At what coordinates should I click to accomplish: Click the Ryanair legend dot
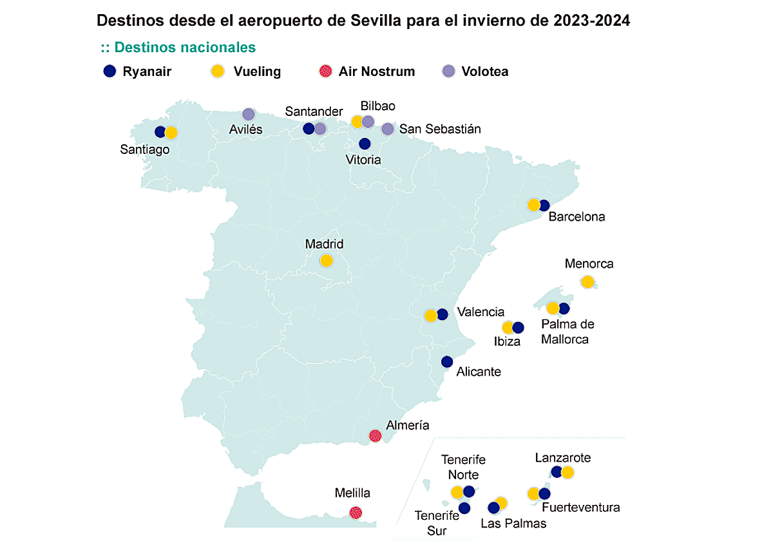tap(110, 71)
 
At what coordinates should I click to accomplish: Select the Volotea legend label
tap(484, 71)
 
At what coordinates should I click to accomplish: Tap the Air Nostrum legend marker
tap(326, 71)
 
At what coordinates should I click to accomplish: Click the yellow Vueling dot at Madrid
tap(326, 261)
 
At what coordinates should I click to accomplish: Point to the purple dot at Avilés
tap(249, 115)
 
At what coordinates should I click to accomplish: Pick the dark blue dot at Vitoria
tap(365, 144)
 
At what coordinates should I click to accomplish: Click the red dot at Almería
tap(376, 436)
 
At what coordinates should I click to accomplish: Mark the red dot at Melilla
tap(355, 513)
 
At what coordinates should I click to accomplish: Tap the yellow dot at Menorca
tap(587, 282)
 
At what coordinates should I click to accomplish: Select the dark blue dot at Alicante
tap(447, 362)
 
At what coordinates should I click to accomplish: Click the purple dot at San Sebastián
tap(387, 129)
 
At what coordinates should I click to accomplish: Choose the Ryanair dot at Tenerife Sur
tap(464, 508)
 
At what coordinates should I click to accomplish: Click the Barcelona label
tap(577, 217)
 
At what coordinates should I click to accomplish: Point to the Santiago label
tap(145, 149)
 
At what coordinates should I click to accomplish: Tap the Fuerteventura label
tap(581, 508)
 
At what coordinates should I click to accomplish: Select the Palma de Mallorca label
tap(568, 332)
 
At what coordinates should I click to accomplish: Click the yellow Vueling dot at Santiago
tap(171, 133)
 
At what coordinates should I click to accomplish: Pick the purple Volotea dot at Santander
tap(320, 129)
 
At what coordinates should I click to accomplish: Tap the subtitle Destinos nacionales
tap(178, 48)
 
